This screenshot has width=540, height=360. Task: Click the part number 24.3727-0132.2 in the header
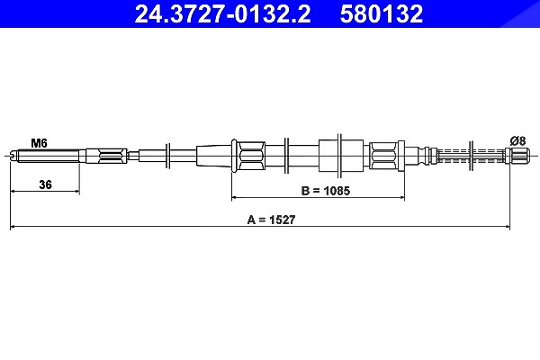click(222, 14)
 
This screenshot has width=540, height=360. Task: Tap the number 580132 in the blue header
click(382, 14)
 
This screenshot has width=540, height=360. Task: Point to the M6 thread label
click(39, 142)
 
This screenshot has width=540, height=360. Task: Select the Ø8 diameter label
click(517, 140)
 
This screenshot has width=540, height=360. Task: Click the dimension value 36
click(45, 184)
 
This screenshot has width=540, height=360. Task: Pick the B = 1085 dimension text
click(326, 191)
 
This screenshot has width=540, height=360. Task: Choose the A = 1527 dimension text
click(272, 220)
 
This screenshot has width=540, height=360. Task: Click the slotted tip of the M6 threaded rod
click(13, 156)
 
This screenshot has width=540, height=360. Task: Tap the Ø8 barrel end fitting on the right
click(517, 156)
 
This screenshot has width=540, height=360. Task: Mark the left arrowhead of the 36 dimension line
click(13, 191)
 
